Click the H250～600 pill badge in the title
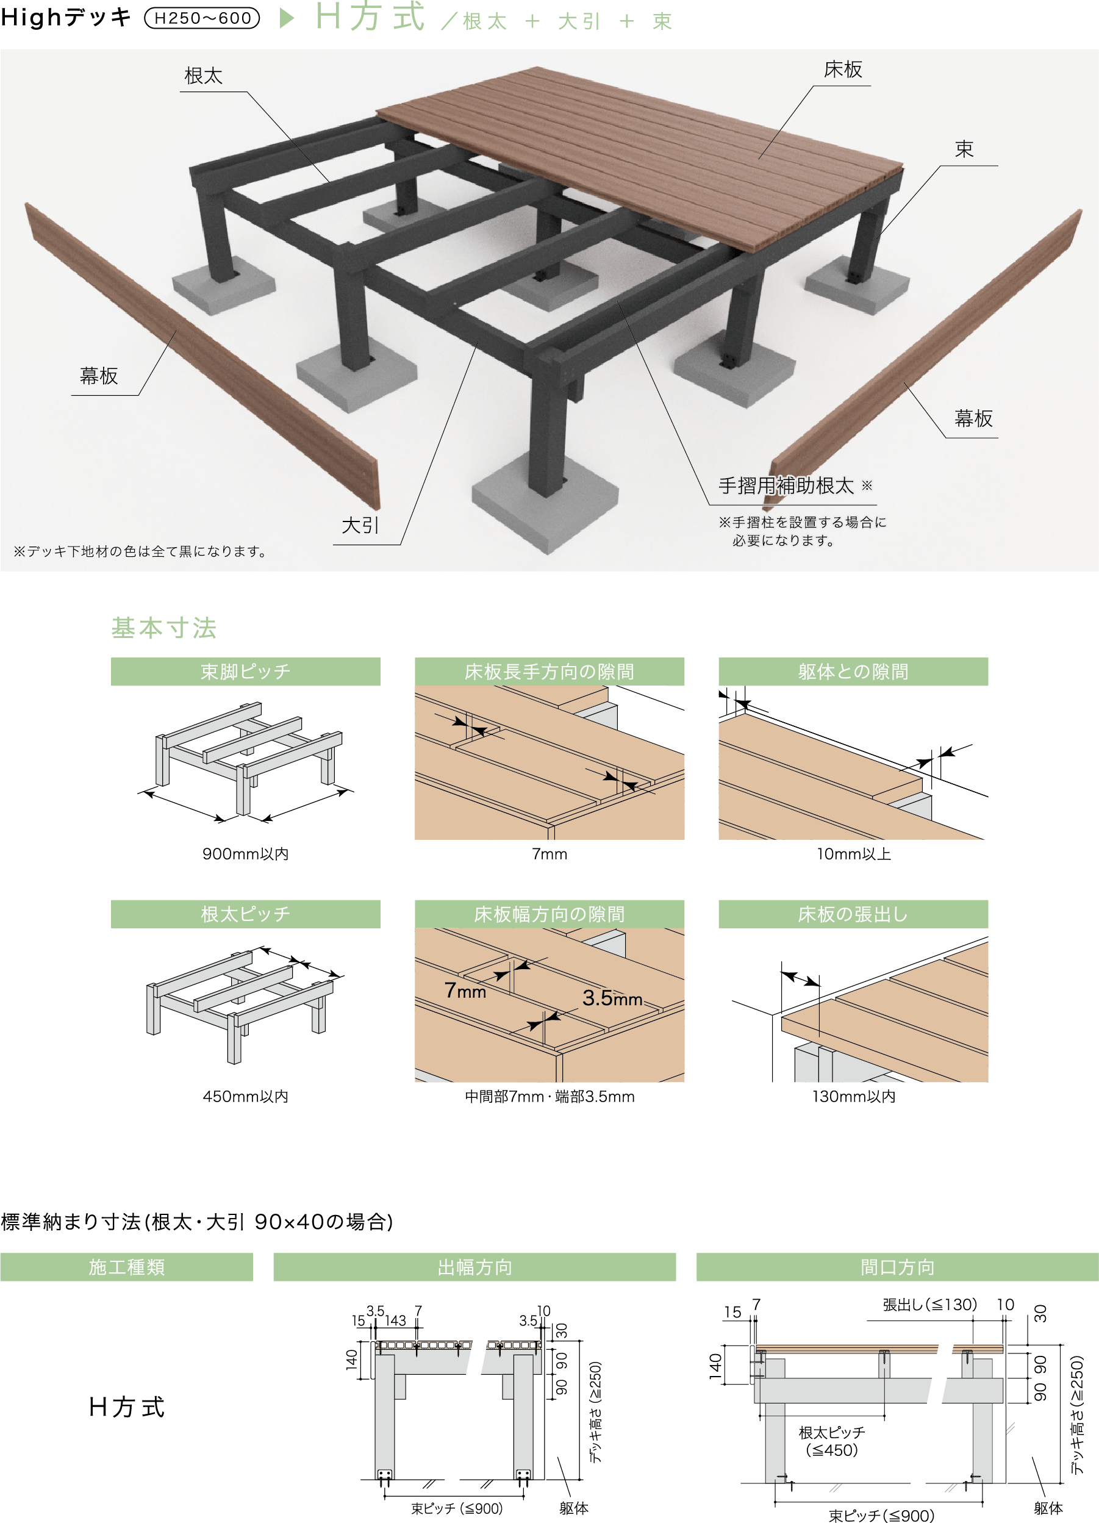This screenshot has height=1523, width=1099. tap(202, 18)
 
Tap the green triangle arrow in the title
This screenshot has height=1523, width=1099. tap(287, 18)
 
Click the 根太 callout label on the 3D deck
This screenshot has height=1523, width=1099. tap(204, 76)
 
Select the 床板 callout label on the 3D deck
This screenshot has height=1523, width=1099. tap(843, 69)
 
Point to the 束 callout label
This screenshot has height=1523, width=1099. tap(964, 149)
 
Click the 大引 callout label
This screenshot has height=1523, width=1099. tap(360, 525)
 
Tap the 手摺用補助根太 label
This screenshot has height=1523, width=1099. tap(786, 486)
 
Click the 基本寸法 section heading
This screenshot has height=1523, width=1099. tap(164, 628)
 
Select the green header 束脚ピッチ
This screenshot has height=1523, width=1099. tap(246, 672)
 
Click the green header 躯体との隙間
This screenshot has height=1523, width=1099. tap(853, 672)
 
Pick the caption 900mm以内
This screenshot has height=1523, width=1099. tap(246, 853)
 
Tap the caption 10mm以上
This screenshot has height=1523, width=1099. tap(853, 853)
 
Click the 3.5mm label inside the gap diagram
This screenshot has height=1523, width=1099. tap(612, 998)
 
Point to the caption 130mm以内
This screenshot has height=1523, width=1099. tap(853, 1096)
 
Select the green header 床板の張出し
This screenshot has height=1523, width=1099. tap(853, 914)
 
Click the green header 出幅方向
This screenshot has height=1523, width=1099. tap(474, 1267)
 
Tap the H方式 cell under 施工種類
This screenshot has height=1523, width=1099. tap(127, 1407)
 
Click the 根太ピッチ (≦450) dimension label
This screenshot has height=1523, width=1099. tap(832, 1441)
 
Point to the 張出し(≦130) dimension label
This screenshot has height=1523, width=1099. tap(930, 1305)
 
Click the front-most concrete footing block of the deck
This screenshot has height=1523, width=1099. tap(545, 503)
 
